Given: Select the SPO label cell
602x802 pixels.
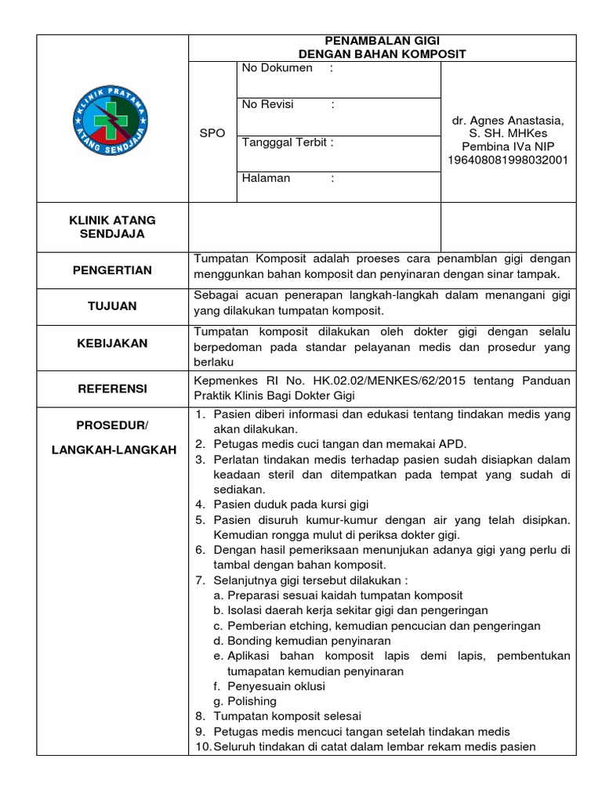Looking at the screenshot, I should (x=212, y=133).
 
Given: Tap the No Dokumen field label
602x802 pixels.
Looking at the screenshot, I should (x=277, y=68).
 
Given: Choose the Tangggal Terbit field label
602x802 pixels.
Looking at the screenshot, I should (x=288, y=142).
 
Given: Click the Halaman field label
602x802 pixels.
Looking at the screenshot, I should (x=267, y=178).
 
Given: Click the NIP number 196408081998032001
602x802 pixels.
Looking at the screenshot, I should (x=507, y=160).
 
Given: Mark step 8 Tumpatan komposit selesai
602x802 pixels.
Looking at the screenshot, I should (x=288, y=716).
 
